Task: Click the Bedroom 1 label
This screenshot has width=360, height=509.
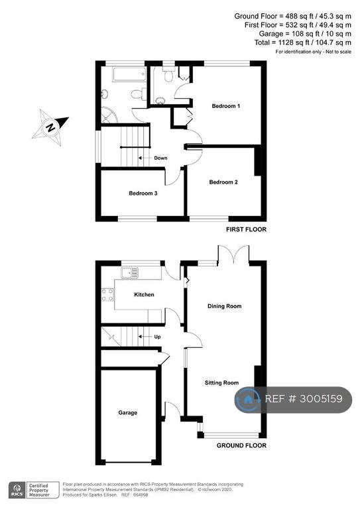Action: pos(226,106)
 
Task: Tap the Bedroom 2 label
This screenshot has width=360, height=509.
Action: pos(223,182)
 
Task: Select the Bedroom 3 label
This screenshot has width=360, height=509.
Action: pos(143,193)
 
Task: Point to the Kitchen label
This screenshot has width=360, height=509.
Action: pos(144,294)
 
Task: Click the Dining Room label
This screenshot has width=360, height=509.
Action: pos(225,306)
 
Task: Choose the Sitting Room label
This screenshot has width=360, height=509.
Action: pos(221,382)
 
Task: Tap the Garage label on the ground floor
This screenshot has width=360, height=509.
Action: pos(127,413)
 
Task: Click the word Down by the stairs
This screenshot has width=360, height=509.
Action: pos(160,158)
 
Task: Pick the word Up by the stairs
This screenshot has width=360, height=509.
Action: pos(157,337)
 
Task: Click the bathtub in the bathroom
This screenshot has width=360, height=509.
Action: pos(129,74)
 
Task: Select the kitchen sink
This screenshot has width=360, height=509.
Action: pos(129,273)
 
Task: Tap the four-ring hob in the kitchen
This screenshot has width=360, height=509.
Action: pos(108,295)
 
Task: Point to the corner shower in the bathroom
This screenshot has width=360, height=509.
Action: pos(109,115)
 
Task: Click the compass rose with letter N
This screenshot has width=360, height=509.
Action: pos(50,127)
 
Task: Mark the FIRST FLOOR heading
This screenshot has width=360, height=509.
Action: pos(246,229)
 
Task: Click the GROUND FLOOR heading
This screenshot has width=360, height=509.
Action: pos(241,445)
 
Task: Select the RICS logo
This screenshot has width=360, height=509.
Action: pos(17,490)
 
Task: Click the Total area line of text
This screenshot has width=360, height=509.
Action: pos(303,42)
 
